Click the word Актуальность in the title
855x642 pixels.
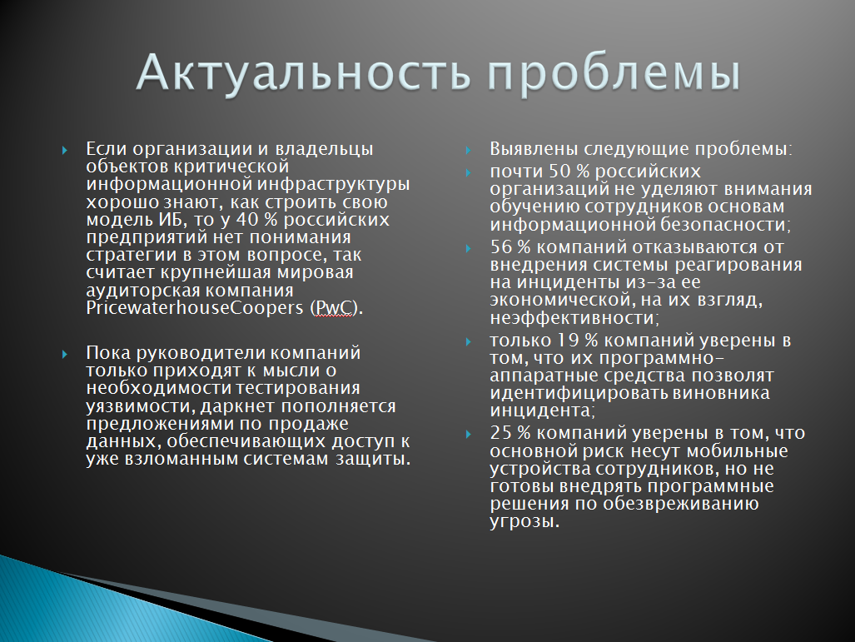coord(303,72)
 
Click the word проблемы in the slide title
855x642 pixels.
coord(614,74)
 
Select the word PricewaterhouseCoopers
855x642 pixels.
coord(195,307)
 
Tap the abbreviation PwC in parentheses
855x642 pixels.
coord(334,307)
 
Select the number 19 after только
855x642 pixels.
coord(568,341)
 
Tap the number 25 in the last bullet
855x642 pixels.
coord(501,433)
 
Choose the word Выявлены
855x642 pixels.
coord(534,148)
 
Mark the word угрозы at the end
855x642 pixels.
coord(524,521)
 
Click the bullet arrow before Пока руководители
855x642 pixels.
coord(65,355)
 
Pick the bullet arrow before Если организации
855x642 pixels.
coord(65,150)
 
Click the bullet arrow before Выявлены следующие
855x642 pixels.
coord(469,150)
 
